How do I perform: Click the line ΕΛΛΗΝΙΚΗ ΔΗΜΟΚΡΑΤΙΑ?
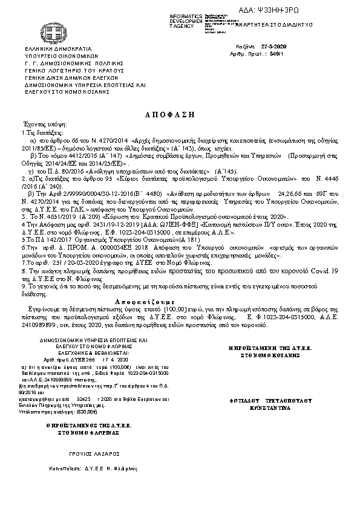(58, 47)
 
